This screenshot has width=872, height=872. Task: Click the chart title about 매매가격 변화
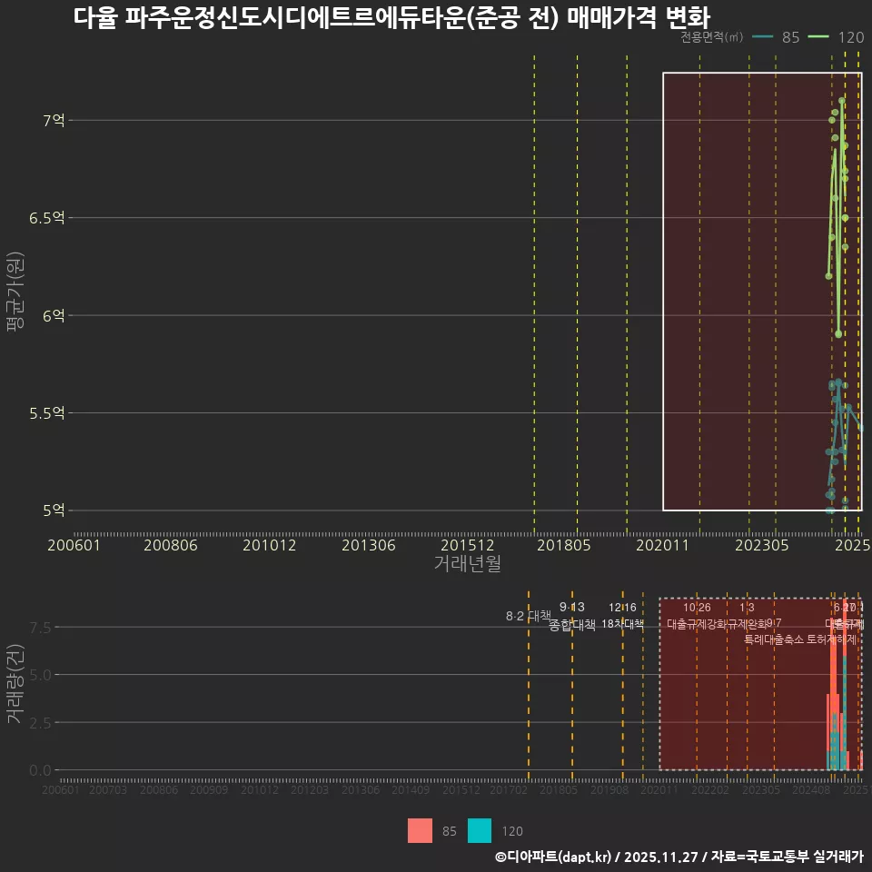(391, 17)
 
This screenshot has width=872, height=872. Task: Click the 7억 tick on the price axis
(54, 120)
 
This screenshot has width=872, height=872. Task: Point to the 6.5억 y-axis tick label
(47, 218)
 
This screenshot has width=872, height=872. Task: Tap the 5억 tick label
(54, 510)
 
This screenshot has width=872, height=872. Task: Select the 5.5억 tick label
(47, 413)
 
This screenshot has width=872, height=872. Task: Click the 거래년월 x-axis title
(467, 564)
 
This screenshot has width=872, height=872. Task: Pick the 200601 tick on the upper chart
(74, 545)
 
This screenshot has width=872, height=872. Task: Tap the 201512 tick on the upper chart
(467, 545)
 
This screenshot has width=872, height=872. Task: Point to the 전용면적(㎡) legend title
(712, 37)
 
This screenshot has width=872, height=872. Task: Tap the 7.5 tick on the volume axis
(40, 628)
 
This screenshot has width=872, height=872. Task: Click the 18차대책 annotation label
(622, 624)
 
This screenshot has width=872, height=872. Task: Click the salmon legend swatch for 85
(420, 830)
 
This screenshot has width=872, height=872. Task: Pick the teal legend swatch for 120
(479, 830)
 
